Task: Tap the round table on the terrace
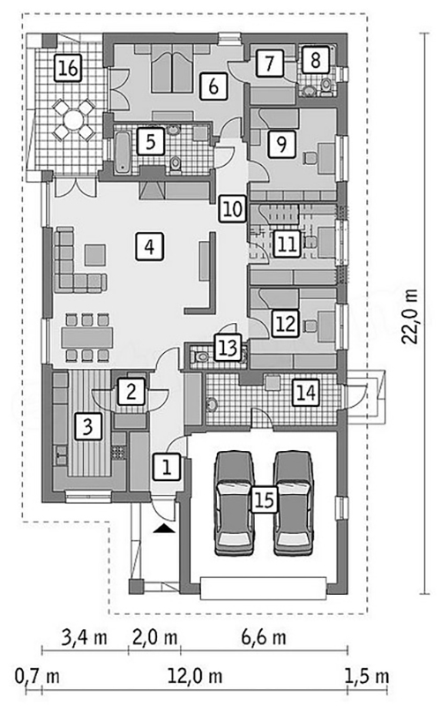(x=73, y=120)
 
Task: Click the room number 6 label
(x=213, y=86)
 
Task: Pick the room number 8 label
(x=316, y=59)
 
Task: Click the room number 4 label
(x=149, y=246)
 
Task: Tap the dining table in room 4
(x=86, y=337)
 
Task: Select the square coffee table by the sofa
(x=95, y=255)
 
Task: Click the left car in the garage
(x=234, y=503)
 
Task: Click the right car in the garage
(x=294, y=503)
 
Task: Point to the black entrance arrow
(x=164, y=529)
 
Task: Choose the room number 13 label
(x=228, y=347)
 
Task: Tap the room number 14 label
(x=306, y=393)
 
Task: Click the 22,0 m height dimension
(x=410, y=316)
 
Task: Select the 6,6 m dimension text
(x=264, y=637)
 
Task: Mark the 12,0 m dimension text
(x=195, y=676)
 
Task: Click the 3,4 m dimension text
(x=85, y=637)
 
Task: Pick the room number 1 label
(x=167, y=467)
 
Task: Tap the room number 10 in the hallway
(x=233, y=209)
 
